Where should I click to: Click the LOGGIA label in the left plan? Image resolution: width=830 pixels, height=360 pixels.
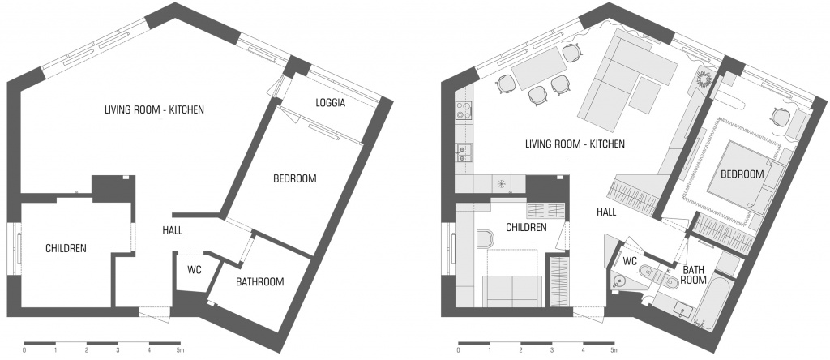[x=331, y=103]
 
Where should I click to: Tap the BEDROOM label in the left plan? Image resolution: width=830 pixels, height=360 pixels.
[x=295, y=178]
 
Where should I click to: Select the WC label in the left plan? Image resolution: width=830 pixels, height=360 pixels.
[x=195, y=269]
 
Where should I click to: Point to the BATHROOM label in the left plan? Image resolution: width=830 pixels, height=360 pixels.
[x=260, y=281]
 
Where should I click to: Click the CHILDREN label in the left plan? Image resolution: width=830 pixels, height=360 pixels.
[x=66, y=248]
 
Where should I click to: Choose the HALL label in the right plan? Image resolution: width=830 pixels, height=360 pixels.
[x=606, y=212]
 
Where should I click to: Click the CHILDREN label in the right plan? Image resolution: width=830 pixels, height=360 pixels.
[x=526, y=228]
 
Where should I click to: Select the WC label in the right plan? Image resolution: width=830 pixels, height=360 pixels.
[x=630, y=261]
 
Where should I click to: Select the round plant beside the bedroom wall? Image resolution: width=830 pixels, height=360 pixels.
[x=704, y=80]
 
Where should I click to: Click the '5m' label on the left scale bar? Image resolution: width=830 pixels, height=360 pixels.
[x=180, y=350]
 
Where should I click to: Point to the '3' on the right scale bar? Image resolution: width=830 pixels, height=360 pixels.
[x=551, y=350]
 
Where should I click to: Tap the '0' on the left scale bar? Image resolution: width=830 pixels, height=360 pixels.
[x=25, y=350]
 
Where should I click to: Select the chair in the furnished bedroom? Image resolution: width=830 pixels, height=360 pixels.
[x=781, y=116]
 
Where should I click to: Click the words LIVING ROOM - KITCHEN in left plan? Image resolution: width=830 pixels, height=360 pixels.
[x=154, y=110]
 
